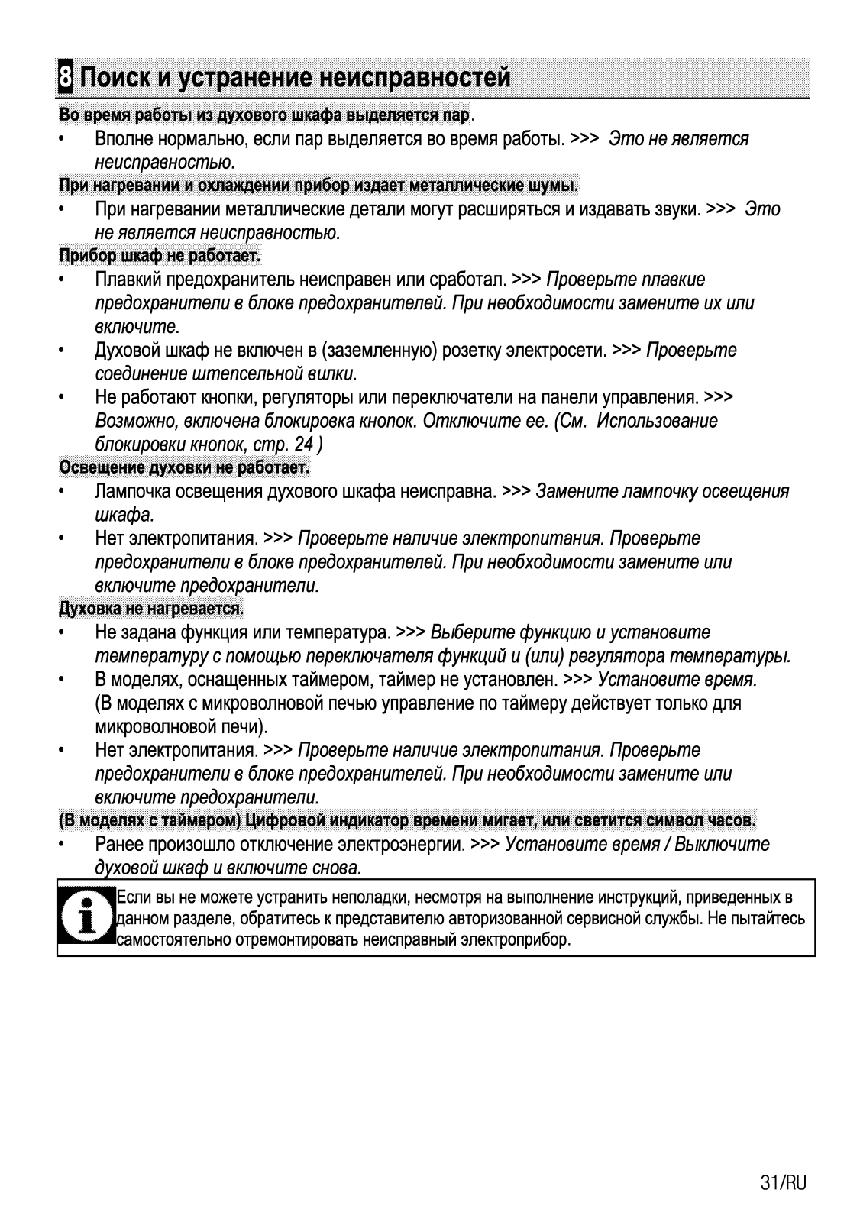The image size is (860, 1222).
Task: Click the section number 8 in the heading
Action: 66,78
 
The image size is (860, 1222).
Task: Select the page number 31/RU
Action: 783,1183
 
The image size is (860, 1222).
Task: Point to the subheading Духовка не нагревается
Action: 150,609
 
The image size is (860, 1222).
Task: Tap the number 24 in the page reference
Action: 303,444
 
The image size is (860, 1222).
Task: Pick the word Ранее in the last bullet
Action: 118,844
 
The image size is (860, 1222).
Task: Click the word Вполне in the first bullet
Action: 123,138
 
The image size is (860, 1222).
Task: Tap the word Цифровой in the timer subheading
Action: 277,821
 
